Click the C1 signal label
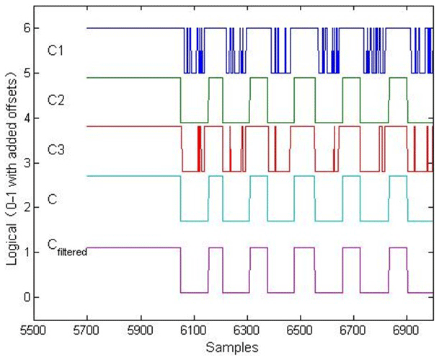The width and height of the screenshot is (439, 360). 56,51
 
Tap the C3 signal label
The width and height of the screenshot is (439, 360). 56,149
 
